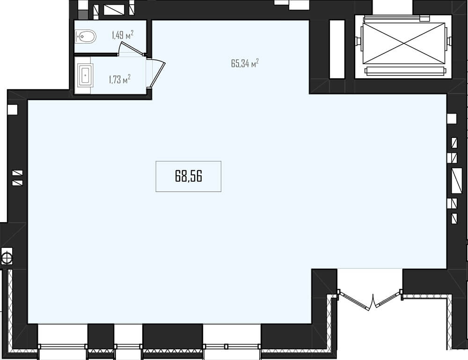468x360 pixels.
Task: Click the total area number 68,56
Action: [x=188, y=176]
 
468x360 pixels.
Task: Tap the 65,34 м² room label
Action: [x=245, y=63]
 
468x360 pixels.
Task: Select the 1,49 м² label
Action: [x=122, y=35]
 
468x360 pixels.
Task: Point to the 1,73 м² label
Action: [x=119, y=79]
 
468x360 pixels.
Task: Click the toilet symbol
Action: [x=86, y=36]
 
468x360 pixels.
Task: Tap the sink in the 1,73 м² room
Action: [x=86, y=75]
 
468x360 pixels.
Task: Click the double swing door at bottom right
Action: [x=370, y=300]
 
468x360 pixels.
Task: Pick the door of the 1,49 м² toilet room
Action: [x=132, y=48]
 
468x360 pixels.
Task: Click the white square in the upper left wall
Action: [x=13, y=110]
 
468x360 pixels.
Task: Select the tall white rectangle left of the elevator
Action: [x=337, y=49]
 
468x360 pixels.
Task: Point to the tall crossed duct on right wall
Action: [x=457, y=181]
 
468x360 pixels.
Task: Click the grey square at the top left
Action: [x=83, y=15]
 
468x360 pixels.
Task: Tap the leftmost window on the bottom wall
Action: [x=63, y=346]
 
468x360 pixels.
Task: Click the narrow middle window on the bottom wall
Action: [x=128, y=346]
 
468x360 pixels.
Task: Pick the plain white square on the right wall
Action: [x=452, y=118]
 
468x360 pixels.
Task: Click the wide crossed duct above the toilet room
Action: [x=114, y=9]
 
